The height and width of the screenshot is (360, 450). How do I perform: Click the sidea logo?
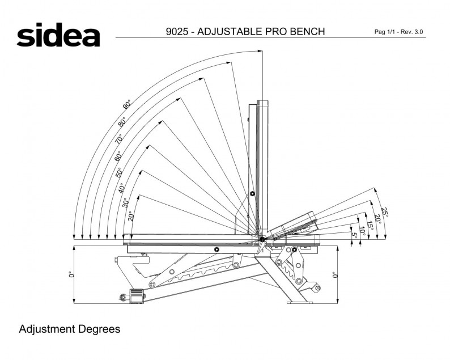tap(58, 35)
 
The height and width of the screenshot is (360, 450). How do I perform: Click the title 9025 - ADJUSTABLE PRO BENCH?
tap(245, 32)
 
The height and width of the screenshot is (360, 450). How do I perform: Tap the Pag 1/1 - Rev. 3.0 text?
tap(398, 32)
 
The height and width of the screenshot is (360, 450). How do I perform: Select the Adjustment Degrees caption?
tap(70, 329)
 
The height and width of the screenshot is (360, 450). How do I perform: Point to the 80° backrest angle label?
tap(122, 121)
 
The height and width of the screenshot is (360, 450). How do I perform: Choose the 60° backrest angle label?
tap(118, 155)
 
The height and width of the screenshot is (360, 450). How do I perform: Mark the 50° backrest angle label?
tap(120, 172)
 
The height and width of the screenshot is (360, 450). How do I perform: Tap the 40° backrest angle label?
tap(122, 188)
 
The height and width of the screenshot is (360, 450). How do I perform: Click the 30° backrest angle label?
tap(126, 202)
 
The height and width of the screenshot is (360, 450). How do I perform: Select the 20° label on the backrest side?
tap(130, 216)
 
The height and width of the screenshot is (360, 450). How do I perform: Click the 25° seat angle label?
tap(385, 212)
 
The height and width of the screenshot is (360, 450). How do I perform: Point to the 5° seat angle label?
tap(354, 234)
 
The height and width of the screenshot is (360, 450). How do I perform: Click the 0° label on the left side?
tap(71, 274)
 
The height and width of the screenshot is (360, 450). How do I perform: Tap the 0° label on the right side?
tap(334, 274)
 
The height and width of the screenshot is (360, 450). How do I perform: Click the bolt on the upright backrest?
tap(253, 194)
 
